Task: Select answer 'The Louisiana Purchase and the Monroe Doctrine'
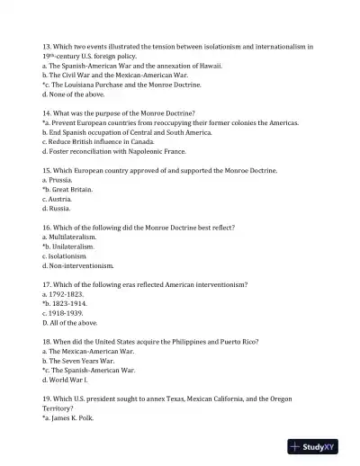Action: point(123,84)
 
